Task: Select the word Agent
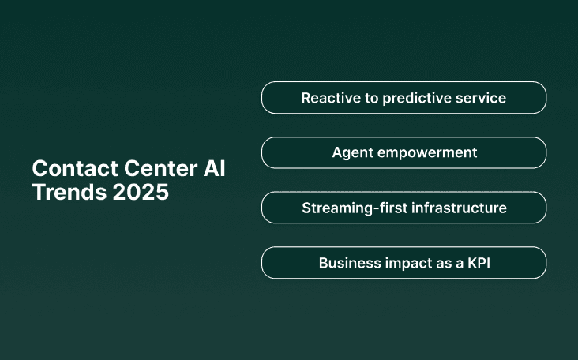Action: [x=351, y=152]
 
